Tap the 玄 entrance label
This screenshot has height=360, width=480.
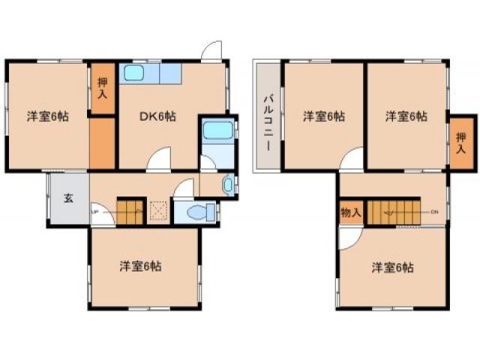67,199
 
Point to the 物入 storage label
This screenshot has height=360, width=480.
350,212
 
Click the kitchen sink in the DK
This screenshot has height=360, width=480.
135,73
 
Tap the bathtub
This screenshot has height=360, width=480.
218,129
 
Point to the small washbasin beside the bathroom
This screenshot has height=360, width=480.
228,184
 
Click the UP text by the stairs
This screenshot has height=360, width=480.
94,211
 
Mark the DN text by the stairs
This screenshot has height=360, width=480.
434,212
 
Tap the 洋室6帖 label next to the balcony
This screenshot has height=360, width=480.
324,116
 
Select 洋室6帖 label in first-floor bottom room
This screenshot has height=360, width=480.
141,265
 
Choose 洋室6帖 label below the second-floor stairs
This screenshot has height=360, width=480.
392,267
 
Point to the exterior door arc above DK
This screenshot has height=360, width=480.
211,49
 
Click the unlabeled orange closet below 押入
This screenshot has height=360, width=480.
103,142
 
